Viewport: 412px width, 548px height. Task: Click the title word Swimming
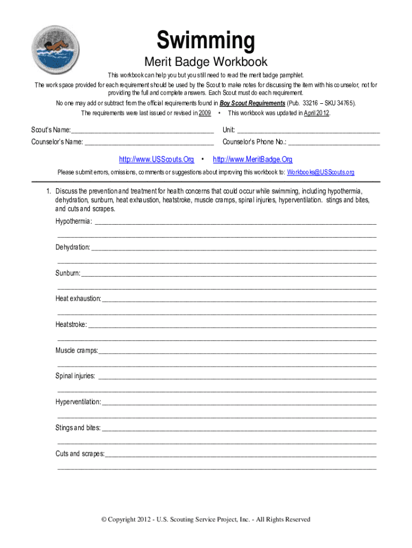205,41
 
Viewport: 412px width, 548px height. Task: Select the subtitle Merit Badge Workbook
206,63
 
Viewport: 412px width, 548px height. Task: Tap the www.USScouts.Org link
156,159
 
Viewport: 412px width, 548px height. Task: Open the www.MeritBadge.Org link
253,159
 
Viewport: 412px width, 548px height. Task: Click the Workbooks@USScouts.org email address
321,172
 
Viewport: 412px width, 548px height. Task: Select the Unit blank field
308,131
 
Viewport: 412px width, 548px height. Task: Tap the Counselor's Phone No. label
254,142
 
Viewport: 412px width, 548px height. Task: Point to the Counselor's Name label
57,142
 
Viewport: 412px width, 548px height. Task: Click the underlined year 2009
204,113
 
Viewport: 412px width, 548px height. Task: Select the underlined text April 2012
316,113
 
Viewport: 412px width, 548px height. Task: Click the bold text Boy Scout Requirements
252,103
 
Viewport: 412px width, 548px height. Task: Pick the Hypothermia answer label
73,222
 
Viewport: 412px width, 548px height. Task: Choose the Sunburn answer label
67,273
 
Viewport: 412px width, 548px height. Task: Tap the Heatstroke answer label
71,325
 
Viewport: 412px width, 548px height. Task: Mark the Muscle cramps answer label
77,351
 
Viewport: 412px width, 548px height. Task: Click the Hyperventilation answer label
78,402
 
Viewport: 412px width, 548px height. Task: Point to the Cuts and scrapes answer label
80,454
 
